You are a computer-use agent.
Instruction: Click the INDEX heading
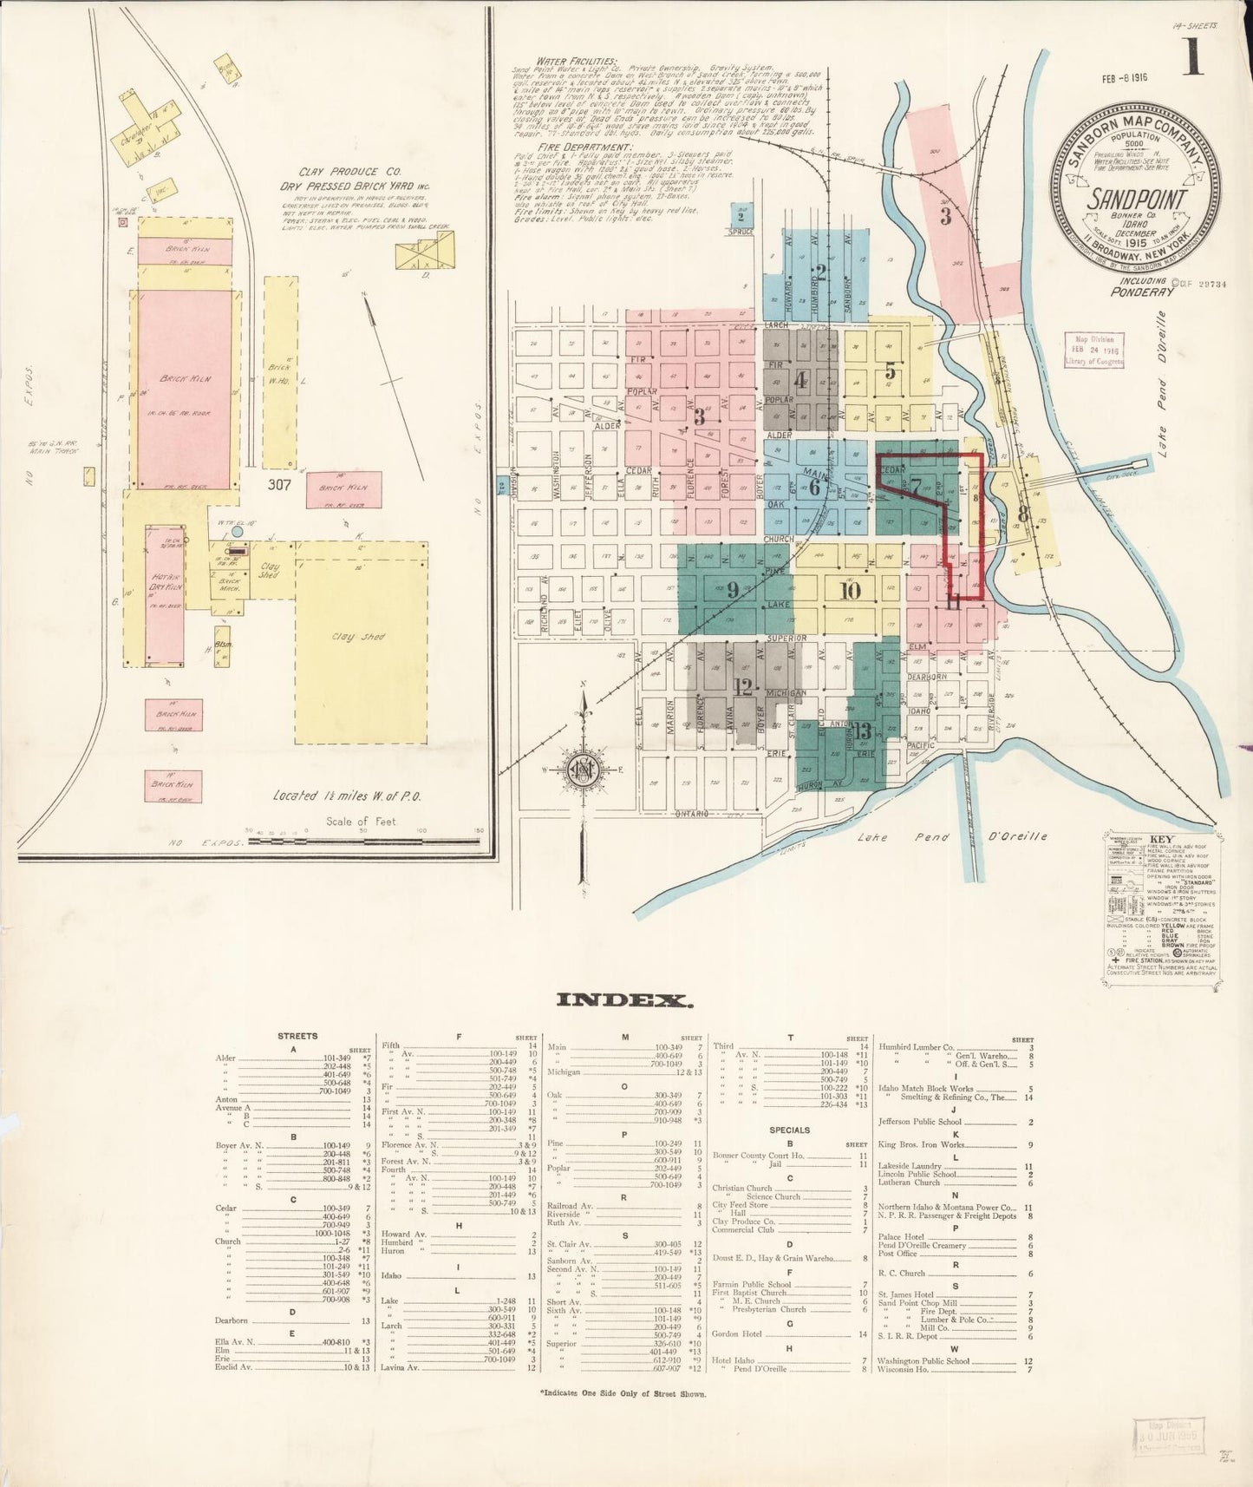pyautogui.click(x=624, y=999)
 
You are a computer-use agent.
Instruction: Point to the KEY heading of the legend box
pyautogui.click(x=1160, y=840)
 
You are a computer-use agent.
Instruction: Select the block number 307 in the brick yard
pyautogui.click(x=279, y=484)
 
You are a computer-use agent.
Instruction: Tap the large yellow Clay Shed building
pyautogui.click(x=361, y=642)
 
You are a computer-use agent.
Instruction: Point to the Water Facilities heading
pyautogui.click(x=577, y=62)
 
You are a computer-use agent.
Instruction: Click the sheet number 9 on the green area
pyautogui.click(x=733, y=590)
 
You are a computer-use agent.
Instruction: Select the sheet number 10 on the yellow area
pyautogui.click(x=850, y=591)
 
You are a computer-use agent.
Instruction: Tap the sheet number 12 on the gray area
pyautogui.click(x=743, y=687)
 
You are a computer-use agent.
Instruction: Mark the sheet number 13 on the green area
pyautogui.click(x=861, y=730)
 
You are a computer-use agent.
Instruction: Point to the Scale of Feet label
pyautogui.click(x=361, y=821)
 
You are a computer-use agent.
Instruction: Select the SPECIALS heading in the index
pyautogui.click(x=789, y=1130)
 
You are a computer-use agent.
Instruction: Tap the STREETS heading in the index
pyautogui.click(x=297, y=1036)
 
